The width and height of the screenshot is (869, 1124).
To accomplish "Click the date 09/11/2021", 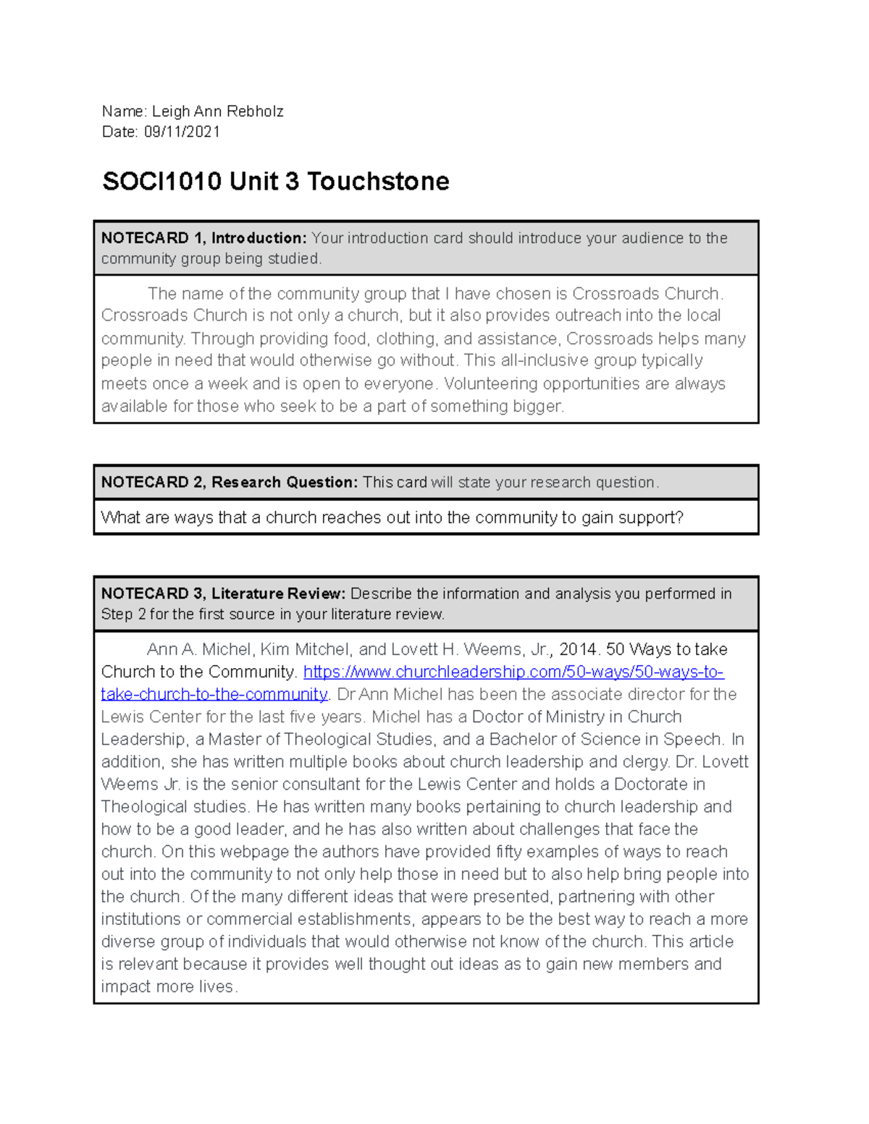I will pos(182,132).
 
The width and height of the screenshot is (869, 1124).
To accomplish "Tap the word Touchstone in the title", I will pos(377,181).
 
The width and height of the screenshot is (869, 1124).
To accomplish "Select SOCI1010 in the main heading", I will pos(161,181).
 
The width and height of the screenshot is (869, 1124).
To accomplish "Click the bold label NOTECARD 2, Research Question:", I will pos(230,482).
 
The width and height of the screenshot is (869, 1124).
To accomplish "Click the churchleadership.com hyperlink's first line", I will pos(513,672).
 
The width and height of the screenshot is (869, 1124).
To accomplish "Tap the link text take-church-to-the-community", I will pos(214,694).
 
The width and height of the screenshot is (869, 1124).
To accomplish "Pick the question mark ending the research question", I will pos(679,517).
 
